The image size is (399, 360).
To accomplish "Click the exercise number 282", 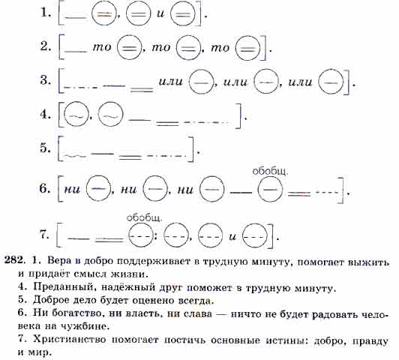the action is [15, 260].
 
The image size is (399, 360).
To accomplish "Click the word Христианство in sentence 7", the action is [70, 340].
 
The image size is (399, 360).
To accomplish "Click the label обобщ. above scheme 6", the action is [270, 171].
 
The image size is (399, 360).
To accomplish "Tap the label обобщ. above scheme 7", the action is [144, 217].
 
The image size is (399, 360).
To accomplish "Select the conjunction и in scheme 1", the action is [160, 13].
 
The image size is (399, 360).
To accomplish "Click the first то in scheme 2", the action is [102, 46].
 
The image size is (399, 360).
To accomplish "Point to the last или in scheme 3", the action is [300, 82].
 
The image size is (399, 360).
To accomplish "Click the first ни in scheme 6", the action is [72, 189].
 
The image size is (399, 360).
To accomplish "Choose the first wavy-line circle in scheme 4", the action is [76, 114].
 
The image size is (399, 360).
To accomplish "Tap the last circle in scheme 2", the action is [248, 48].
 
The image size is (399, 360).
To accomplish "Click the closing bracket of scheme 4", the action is [238, 115].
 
